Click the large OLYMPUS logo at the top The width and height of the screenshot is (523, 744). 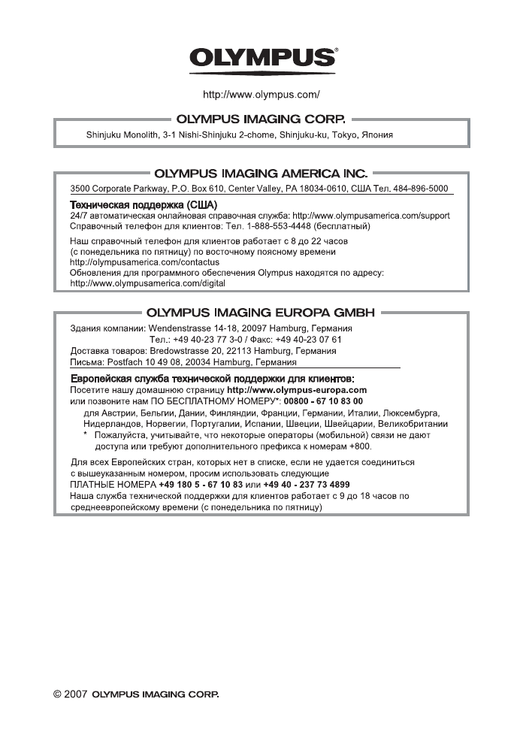(x=261, y=59)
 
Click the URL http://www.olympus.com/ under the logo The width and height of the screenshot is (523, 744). (x=261, y=95)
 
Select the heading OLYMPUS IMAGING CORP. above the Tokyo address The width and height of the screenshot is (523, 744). (x=261, y=119)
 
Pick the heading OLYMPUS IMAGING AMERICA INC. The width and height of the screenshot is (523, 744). (x=261, y=174)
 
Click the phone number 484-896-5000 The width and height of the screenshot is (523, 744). (x=424, y=189)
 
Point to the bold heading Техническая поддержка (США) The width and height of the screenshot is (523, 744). (x=144, y=204)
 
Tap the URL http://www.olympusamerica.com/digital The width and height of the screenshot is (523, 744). (x=147, y=284)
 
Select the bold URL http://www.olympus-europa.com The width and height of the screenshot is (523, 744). (x=297, y=390)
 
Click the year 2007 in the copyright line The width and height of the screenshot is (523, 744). (x=77, y=695)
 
